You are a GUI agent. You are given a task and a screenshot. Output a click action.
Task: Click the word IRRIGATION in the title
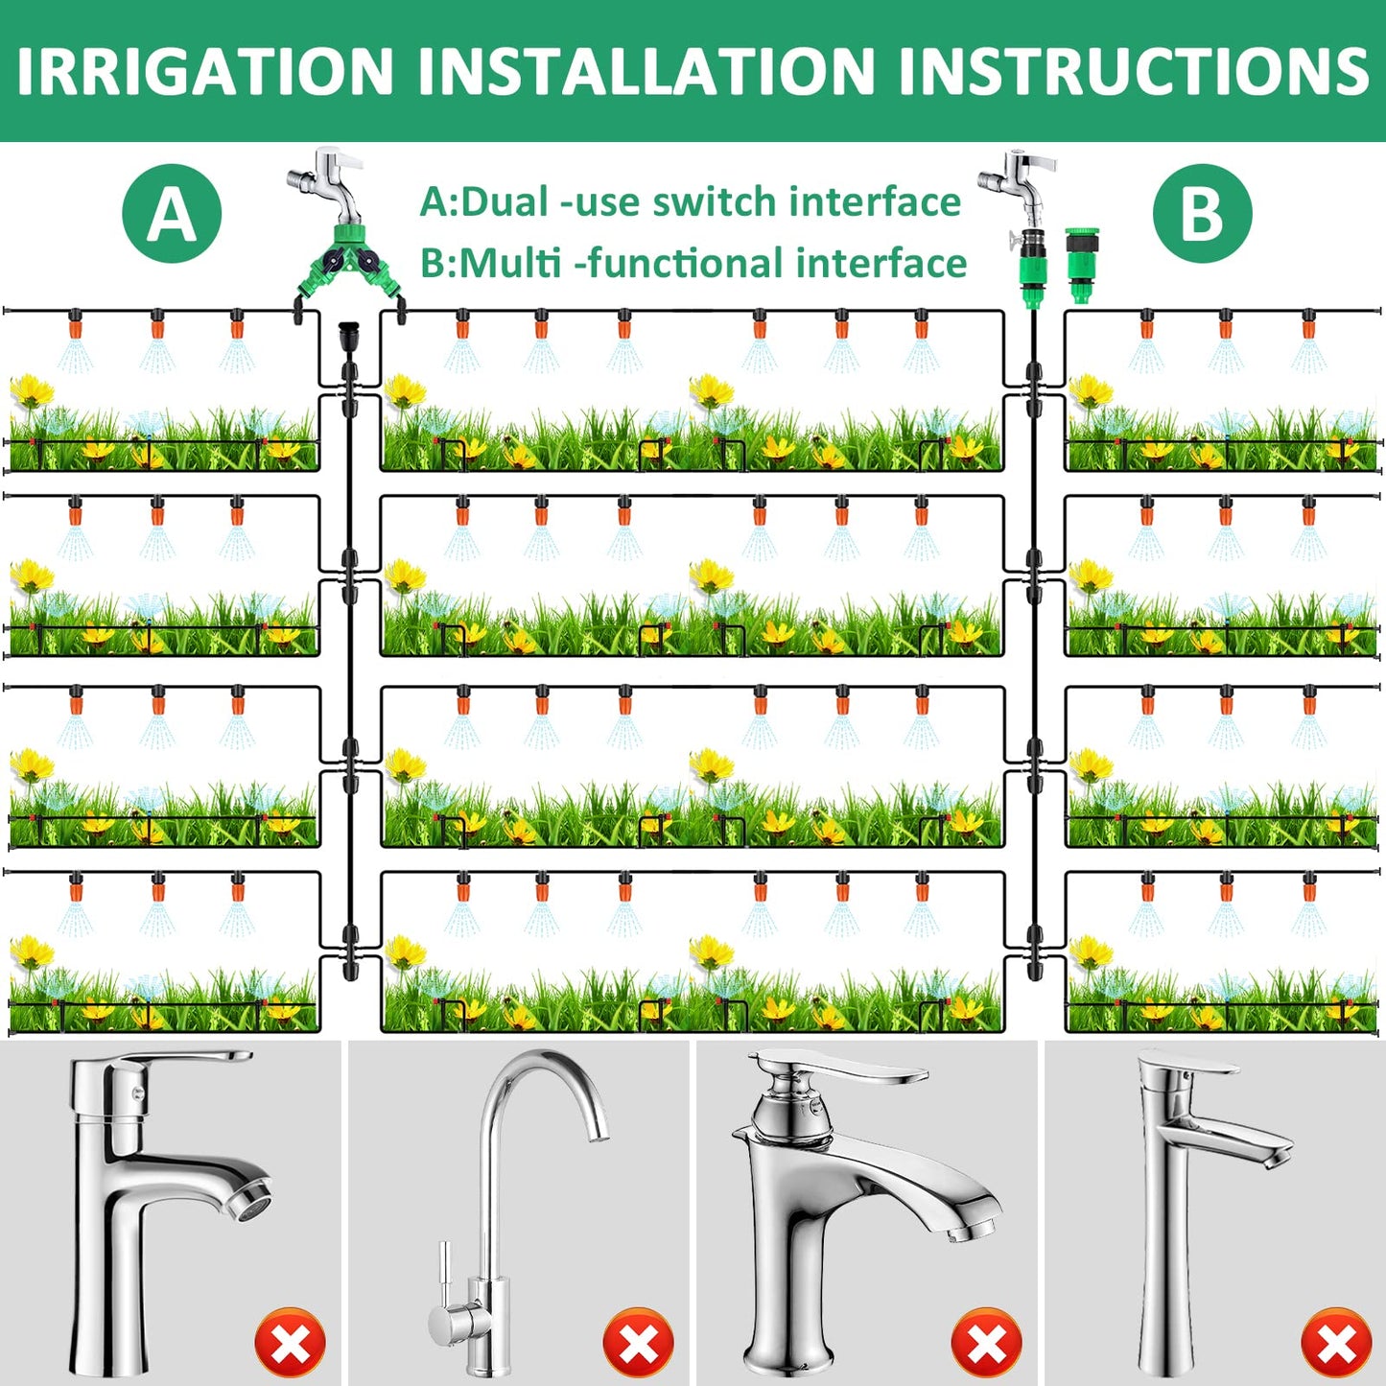pos(205,71)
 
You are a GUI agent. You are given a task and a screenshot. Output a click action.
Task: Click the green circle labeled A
pos(172,214)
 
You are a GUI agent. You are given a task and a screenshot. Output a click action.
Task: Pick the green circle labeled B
pos(1203,214)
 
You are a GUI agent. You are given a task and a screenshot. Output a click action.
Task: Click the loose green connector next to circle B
pos(1082,264)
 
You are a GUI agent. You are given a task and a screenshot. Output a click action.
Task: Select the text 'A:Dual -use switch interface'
pos(691,201)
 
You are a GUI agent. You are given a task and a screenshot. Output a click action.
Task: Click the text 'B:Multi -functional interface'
pos(693,263)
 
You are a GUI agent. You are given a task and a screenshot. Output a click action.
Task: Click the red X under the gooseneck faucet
pos(638,1343)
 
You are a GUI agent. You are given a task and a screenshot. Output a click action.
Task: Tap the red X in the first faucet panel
pos(290,1343)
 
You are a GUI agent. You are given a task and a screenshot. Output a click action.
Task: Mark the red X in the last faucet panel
pos(1337,1343)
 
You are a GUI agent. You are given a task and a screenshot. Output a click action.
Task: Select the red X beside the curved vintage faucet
pos(986,1343)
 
